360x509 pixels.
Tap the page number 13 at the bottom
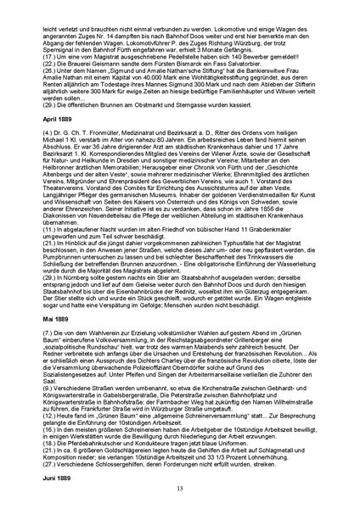[180, 489]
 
